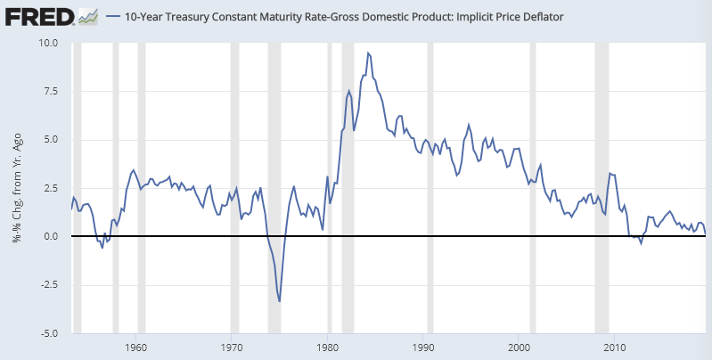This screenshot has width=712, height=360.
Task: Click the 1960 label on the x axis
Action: [136, 346]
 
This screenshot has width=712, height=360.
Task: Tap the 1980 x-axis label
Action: [328, 346]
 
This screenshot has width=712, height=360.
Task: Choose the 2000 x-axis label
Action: [520, 346]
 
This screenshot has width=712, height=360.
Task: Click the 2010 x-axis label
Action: [615, 346]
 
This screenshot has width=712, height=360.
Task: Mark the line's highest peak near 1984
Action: [368, 53]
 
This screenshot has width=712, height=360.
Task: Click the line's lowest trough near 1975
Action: [280, 301]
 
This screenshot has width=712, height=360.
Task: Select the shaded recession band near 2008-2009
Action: [602, 188]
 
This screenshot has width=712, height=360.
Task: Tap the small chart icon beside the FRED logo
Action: [87, 16]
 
